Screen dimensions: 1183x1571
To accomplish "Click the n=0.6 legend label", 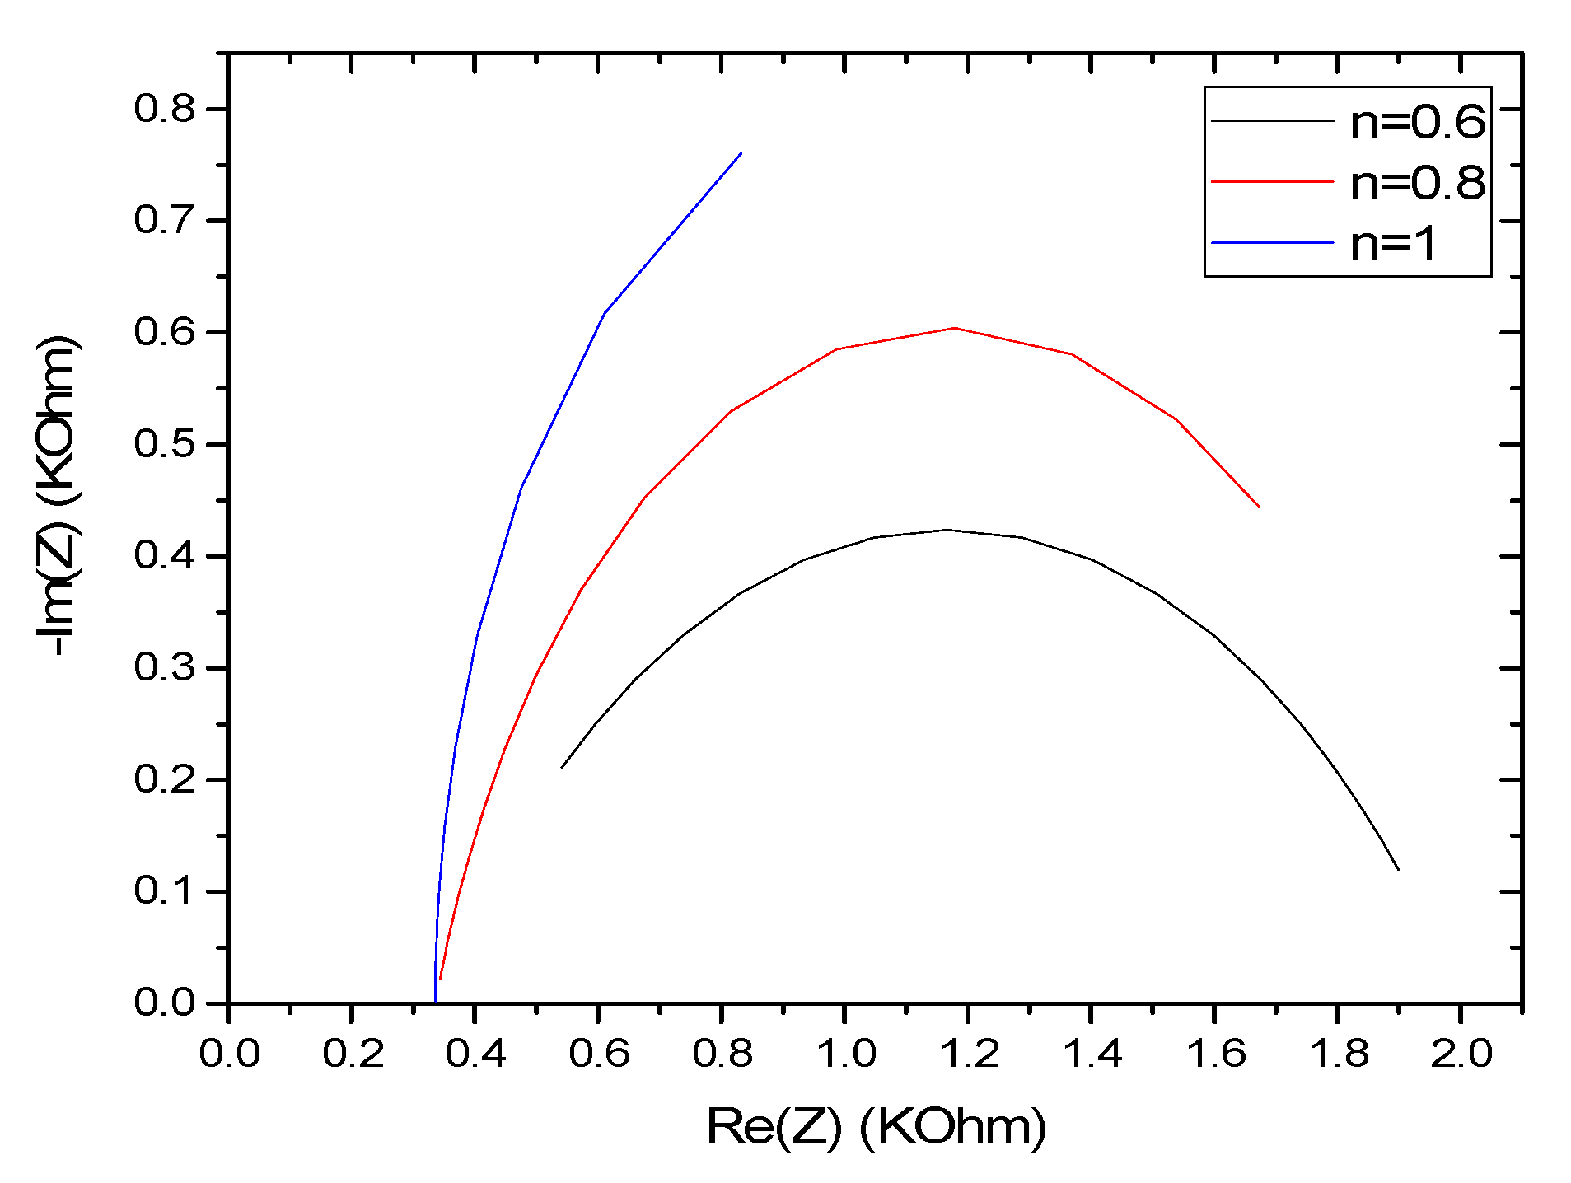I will coord(1417,122).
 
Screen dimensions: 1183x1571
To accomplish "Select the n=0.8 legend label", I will coord(1417,183).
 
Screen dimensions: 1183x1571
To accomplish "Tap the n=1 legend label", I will coord(1394,244).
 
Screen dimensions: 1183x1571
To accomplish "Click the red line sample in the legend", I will coord(1272,181).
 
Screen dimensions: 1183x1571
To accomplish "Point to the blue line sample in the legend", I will coord(1272,243).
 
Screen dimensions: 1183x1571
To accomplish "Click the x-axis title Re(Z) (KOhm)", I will coord(877,1126).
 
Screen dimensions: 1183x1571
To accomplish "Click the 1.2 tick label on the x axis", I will coord(969,1054).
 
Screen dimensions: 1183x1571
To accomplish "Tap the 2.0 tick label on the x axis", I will coord(1461,1054).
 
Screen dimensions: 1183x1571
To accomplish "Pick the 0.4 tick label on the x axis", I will coord(475,1054).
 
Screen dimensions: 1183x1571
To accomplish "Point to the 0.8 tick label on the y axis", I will coord(165,109).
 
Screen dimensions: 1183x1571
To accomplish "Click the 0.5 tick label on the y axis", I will coord(165,444).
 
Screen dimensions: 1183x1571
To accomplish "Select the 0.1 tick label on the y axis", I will coord(165,891).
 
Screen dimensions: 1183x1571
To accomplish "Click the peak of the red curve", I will coord(954,328).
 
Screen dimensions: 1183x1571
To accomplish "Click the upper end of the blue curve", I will coord(741,153).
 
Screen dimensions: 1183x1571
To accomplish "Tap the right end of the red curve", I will coord(1259,507).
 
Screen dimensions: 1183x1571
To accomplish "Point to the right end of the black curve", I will coord(1398,869).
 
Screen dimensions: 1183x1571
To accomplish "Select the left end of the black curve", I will coord(562,767).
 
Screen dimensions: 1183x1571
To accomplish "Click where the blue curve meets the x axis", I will coord(435,1002).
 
